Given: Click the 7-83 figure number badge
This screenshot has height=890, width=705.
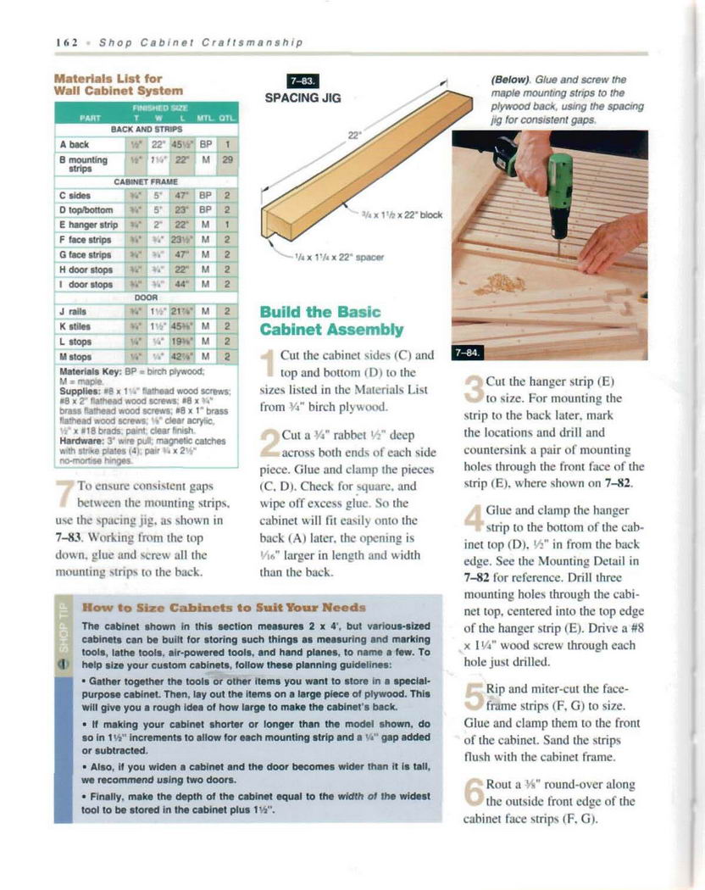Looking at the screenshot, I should [x=303, y=81].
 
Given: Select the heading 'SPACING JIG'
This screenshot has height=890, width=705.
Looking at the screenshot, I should [x=303, y=98].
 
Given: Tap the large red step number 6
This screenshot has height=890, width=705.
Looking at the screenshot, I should [x=473, y=794].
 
